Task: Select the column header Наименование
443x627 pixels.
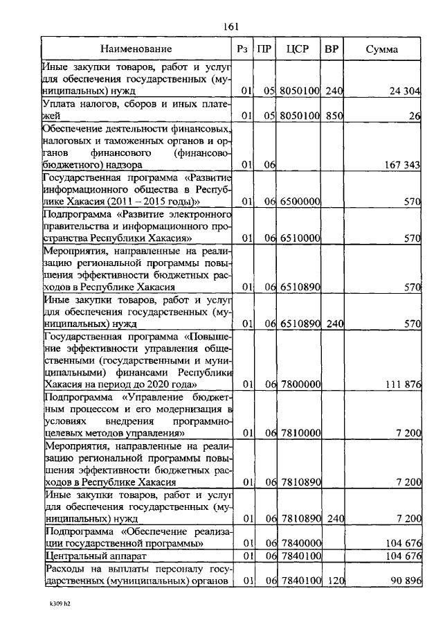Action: pyautogui.click(x=136, y=49)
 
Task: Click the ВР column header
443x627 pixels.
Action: pyautogui.click(x=332, y=49)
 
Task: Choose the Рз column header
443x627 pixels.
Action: pyautogui.click(x=242, y=49)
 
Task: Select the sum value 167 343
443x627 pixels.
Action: pyautogui.click(x=402, y=165)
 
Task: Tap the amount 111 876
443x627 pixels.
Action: pyautogui.click(x=402, y=384)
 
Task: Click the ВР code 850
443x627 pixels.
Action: pyautogui.click(x=334, y=116)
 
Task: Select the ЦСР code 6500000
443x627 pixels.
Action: pyautogui.click(x=300, y=201)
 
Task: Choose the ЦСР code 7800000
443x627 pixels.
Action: pyautogui.click(x=300, y=384)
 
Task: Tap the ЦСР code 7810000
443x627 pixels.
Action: pyautogui.click(x=300, y=432)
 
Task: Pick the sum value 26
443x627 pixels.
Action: pyautogui.click(x=414, y=116)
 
